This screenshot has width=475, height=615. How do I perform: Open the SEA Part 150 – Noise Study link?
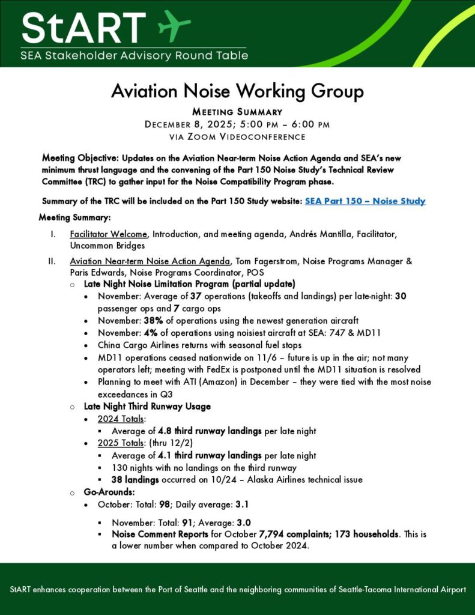[x=365, y=201]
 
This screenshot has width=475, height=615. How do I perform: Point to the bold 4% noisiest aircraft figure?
[x=151, y=333]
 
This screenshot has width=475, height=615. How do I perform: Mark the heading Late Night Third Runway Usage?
[x=147, y=407]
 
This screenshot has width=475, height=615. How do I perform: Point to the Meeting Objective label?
[x=80, y=158]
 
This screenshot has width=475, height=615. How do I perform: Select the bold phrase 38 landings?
[x=135, y=480]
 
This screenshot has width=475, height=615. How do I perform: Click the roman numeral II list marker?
[x=52, y=261]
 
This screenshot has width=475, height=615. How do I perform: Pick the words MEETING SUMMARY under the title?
[x=237, y=112]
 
